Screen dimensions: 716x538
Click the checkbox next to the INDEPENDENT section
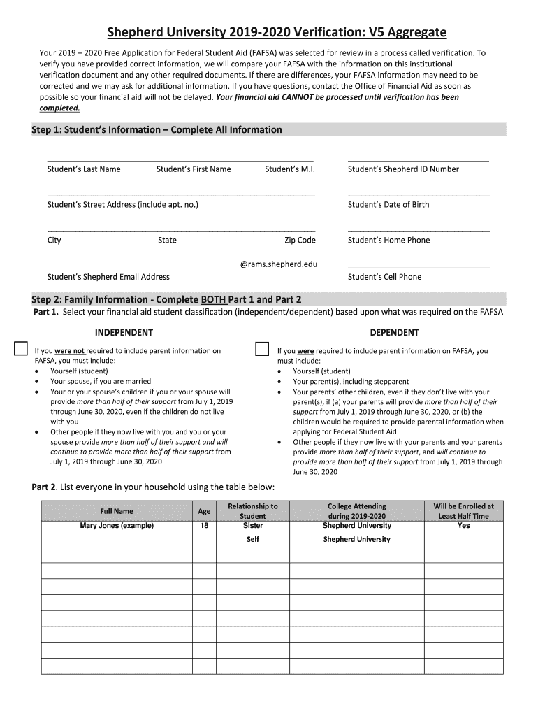[x=21, y=349]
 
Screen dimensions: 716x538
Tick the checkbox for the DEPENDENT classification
[x=262, y=349]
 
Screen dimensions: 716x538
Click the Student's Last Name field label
[x=84, y=169]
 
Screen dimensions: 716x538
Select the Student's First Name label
[x=194, y=169]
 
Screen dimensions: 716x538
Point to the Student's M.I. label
[x=290, y=169]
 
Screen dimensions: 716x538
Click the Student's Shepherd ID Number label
[x=403, y=169]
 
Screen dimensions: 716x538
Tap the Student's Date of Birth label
[x=388, y=205]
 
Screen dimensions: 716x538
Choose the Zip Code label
[x=300, y=241]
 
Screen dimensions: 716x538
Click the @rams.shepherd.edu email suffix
[x=279, y=264]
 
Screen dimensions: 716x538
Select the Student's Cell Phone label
[x=384, y=277]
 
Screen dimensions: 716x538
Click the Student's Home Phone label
[x=388, y=241]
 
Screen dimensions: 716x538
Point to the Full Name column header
[x=117, y=511]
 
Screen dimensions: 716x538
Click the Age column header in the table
[x=204, y=511]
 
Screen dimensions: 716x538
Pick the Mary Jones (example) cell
[x=117, y=526]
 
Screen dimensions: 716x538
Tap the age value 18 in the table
[x=204, y=526]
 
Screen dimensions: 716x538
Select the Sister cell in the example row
[x=252, y=526]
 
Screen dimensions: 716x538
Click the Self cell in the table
[x=252, y=540]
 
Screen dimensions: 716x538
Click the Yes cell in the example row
[x=463, y=526]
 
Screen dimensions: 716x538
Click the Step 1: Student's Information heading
[x=157, y=130]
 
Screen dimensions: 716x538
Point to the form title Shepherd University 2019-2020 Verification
[x=276, y=33]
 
